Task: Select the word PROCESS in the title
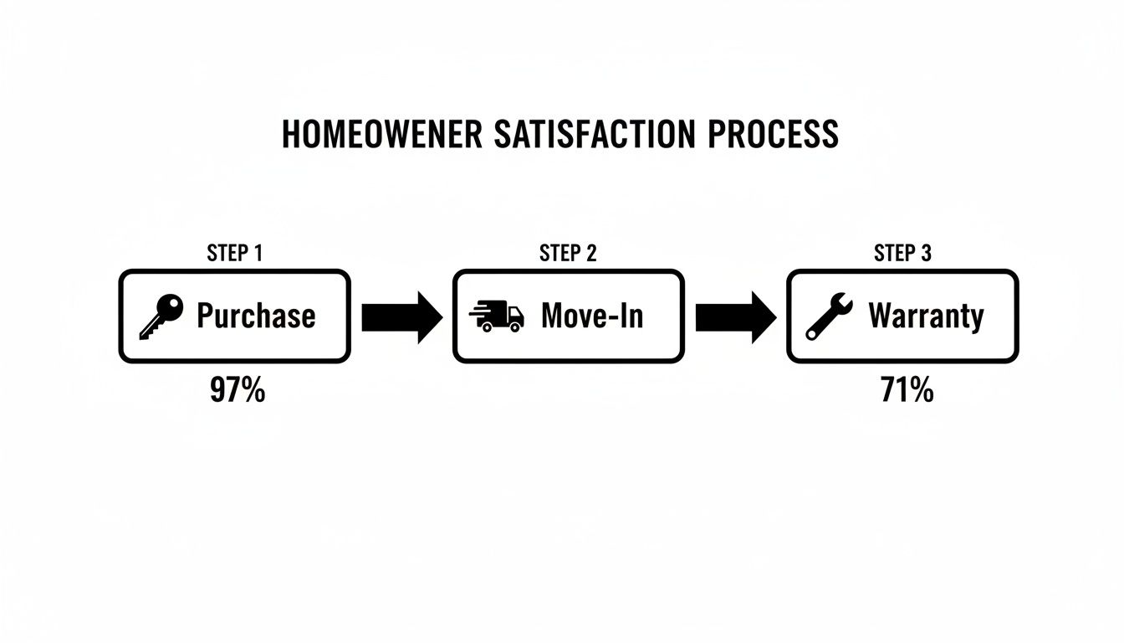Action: (x=774, y=135)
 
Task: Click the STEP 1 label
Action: (x=234, y=253)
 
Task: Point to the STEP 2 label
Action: (x=568, y=253)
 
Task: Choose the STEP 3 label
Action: (x=902, y=253)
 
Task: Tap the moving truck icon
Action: (x=497, y=317)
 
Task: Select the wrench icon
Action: (x=829, y=316)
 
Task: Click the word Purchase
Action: (x=256, y=316)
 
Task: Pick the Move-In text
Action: (x=592, y=316)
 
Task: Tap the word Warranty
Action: (x=926, y=316)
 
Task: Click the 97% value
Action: (x=238, y=390)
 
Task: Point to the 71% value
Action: (x=907, y=390)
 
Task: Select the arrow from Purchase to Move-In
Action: (x=401, y=317)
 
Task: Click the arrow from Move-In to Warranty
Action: (x=736, y=317)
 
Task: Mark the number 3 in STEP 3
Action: (x=926, y=253)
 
